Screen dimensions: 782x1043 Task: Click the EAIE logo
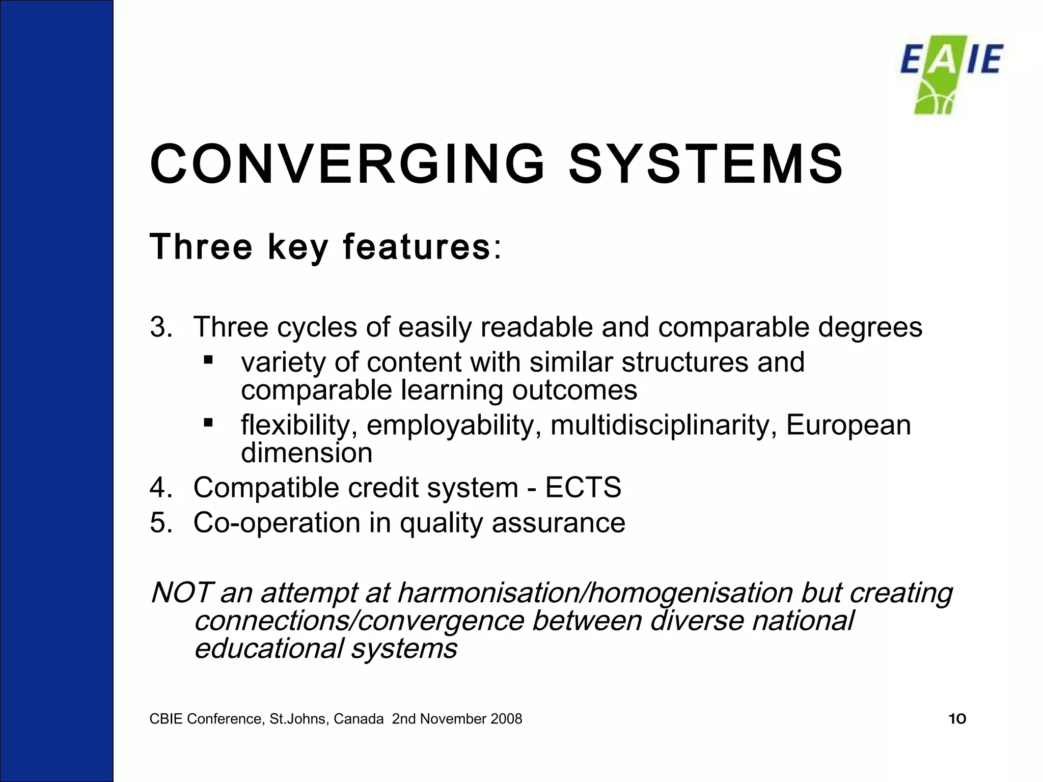pos(951,74)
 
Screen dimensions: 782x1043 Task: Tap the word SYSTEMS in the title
pos(705,164)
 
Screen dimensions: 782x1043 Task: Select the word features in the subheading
pos(416,247)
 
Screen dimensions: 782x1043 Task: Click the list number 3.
pos(160,327)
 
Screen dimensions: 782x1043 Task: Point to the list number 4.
pos(160,488)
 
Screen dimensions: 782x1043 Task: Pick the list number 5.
pos(160,523)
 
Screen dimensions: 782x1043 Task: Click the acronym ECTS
pos(583,488)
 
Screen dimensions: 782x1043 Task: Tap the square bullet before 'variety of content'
pos(207,360)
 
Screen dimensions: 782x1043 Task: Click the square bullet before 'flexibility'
pos(207,423)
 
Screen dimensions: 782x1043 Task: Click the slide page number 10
pos(957,719)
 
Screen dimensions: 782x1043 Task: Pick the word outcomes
pos(574,390)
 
